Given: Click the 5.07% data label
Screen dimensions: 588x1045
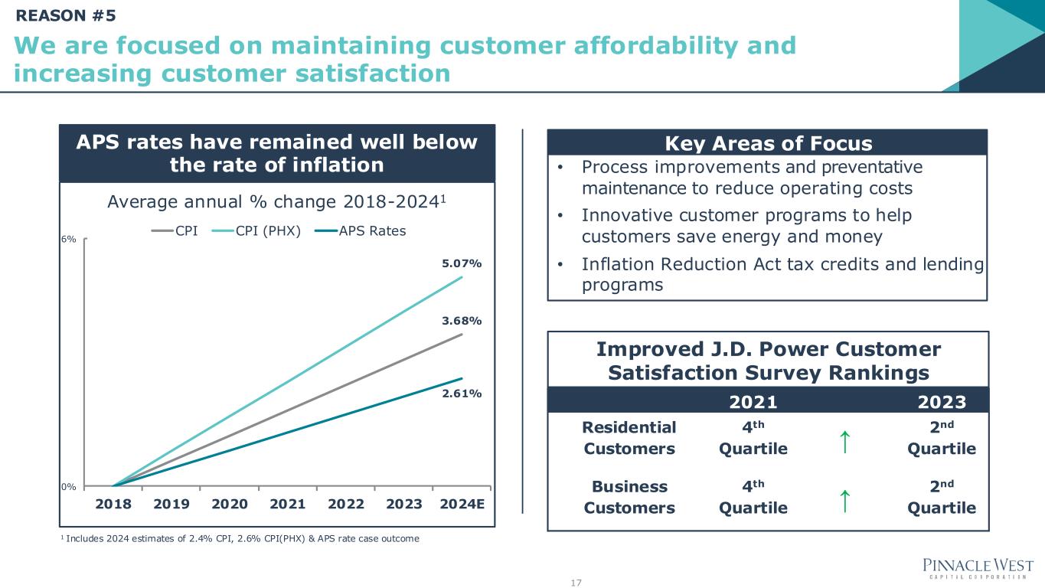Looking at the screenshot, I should pos(461,264).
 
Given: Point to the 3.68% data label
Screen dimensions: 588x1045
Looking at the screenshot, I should pos(461,321).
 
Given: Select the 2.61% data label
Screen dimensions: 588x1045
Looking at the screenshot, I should pos(461,394).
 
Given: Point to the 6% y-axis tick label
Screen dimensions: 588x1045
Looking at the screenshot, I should pos(69,239).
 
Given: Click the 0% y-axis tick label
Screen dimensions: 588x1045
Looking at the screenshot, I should pos(69,486).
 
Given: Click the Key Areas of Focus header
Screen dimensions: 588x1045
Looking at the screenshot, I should pos(768,143).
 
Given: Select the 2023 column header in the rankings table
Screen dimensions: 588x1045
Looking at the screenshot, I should pos(942,402).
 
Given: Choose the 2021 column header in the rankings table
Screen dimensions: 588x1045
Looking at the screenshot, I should pos(753,402).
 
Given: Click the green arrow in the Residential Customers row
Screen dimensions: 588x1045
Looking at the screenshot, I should pos(843,442).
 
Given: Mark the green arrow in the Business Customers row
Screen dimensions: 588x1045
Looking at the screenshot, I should pos(843,501).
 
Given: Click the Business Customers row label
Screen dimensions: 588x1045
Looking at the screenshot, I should pos(629,497).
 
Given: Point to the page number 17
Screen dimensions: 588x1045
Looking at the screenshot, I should pos(576,583).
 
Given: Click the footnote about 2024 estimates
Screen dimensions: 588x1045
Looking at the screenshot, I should pos(240,539).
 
